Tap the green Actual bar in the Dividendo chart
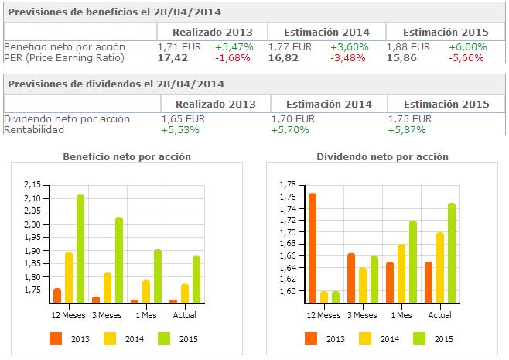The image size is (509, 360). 452,252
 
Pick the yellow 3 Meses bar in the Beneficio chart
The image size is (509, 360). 108,286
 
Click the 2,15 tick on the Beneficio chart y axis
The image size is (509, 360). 32,185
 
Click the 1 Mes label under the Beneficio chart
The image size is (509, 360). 145,315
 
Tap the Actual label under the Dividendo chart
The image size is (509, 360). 439,315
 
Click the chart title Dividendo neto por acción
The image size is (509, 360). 382,157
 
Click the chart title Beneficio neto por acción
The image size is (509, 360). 127,157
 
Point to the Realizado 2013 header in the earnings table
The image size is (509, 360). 213,32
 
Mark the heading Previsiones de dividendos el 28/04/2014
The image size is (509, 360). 117,84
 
